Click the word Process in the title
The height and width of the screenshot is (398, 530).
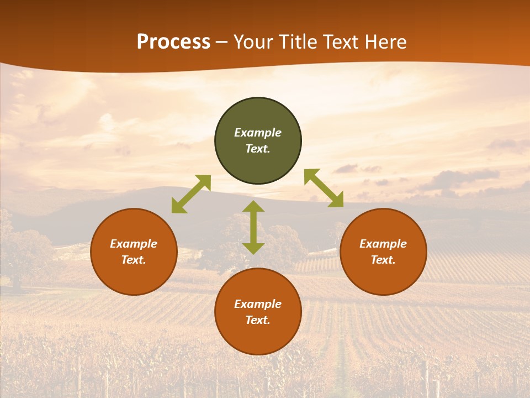pyautogui.click(x=173, y=42)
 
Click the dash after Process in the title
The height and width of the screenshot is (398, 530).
pyautogui.click(x=221, y=43)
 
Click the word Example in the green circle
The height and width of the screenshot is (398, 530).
pyautogui.click(x=258, y=133)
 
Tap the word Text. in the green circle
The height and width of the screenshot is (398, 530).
pyautogui.click(x=258, y=149)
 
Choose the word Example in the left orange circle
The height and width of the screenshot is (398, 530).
pyautogui.click(x=134, y=244)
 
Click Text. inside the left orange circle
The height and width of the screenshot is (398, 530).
pyautogui.click(x=134, y=260)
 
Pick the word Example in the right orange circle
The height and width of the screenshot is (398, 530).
pyautogui.click(x=383, y=244)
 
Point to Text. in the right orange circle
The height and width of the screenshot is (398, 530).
pyautogui.click(x=383, y=260)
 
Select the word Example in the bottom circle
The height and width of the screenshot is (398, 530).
pyautogui.click(x=258, y=304)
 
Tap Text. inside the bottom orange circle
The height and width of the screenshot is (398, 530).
pyautogui.click(x=258, y=320)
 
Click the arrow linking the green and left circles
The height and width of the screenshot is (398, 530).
pyautogui.click(x=191, y=194)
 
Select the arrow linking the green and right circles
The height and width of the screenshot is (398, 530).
pyautogui.click(x=324, y=188)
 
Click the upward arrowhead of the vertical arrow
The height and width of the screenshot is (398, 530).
pyautogui.click(x=253, y=207)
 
